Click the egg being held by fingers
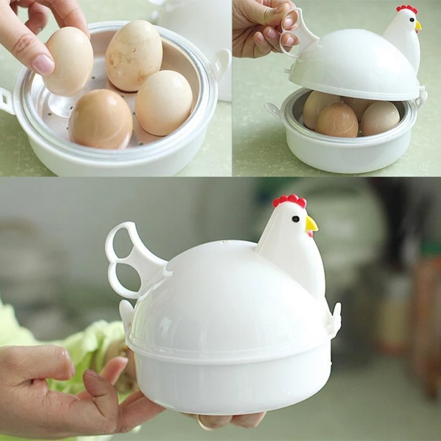70,61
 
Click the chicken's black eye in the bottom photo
295,219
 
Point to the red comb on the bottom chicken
289,201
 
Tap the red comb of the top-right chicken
407,9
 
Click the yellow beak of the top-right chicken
418,26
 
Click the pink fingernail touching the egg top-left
43,64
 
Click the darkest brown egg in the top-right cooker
336,120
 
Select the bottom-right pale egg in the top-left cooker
164,103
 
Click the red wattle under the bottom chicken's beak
310,234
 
